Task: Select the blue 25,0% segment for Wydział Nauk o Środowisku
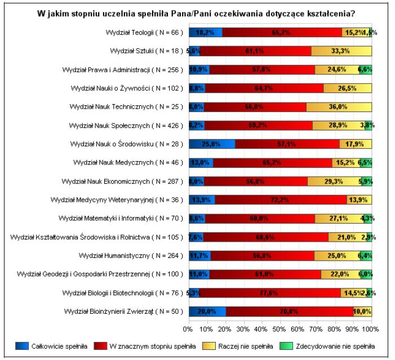coord(212,144)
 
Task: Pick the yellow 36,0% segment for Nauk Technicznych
coord(339,106)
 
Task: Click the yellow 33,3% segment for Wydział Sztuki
coord(341,51)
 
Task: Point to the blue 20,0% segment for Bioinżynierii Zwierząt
coord(207,312)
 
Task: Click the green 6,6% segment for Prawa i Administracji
coord(366,69)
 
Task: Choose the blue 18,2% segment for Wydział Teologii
coord(205,32)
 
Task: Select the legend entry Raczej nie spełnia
coord(245,346)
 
